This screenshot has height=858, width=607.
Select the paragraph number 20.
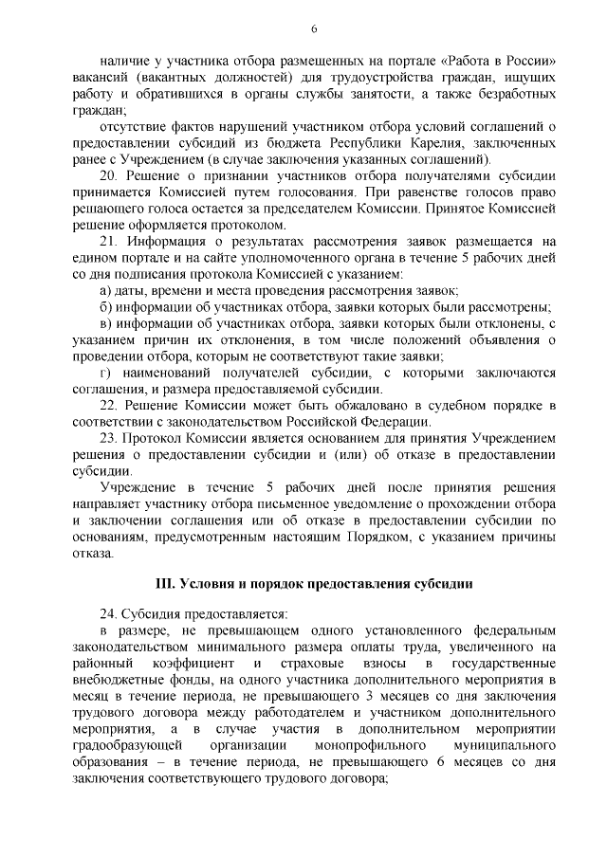[x=107, y=176]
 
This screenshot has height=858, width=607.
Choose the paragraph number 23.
[x=107, y=439]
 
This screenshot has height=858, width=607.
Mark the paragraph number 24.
[x=107, y=613]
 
